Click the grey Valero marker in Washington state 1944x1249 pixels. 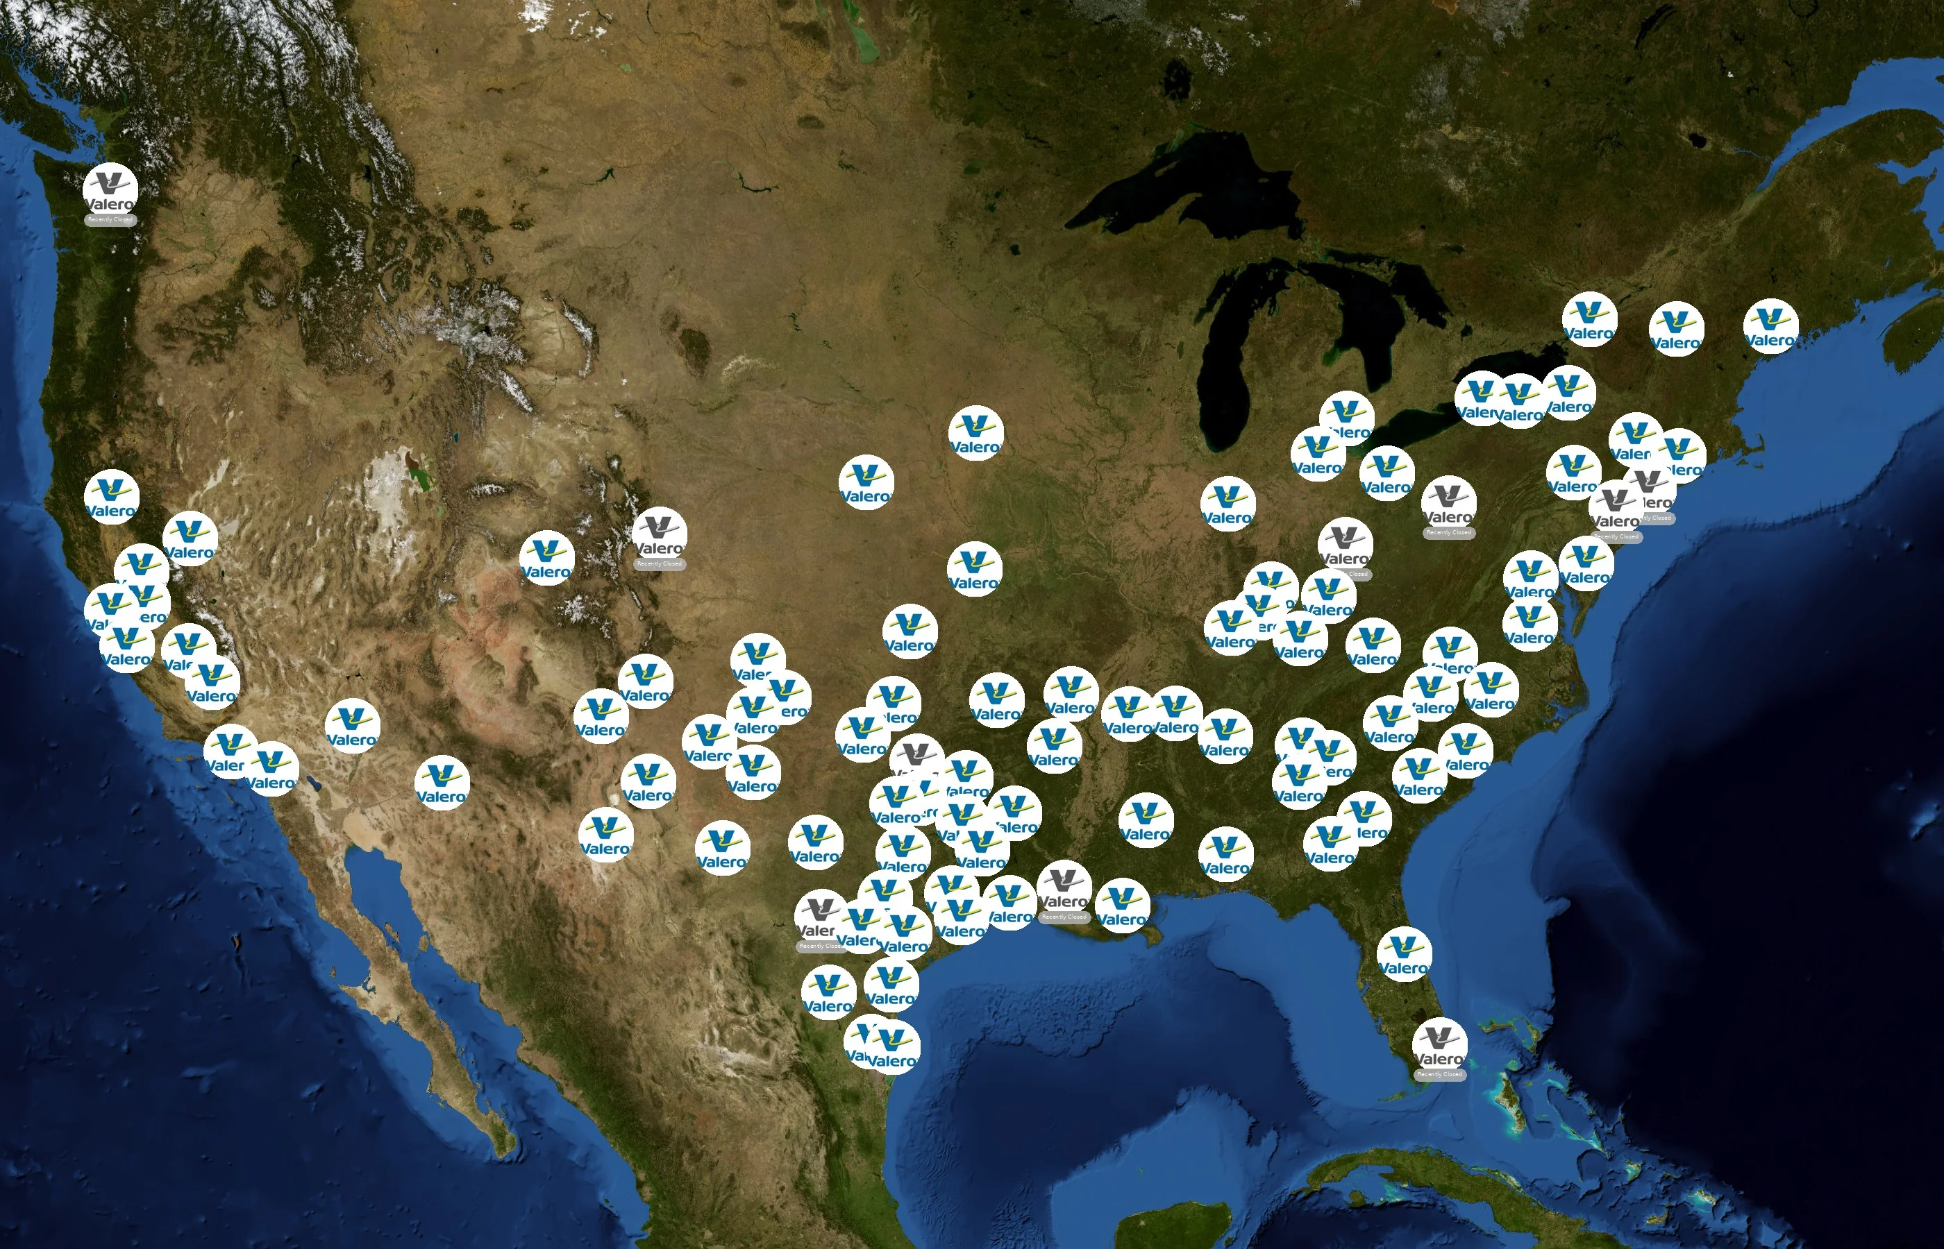[110, 190]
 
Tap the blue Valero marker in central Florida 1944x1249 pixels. [1404, 954]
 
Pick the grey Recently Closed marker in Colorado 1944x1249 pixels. [660, 535]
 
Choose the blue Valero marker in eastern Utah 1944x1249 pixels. [547, 558]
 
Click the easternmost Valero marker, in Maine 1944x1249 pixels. [1770, 326]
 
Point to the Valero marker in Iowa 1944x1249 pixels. [976, 432]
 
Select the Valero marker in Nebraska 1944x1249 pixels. [866, 482]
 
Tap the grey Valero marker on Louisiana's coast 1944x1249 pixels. [1064, 887]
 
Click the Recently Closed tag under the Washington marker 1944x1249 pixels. [110, 220]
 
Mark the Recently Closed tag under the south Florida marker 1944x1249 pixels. [1439, 1075]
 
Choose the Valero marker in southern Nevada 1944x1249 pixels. [352, 725]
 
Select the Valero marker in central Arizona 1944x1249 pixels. [442, 783]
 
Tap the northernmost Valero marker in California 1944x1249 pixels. [112, 496]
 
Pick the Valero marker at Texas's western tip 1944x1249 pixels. [606, 835]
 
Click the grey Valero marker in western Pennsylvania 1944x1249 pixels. [1448, 503]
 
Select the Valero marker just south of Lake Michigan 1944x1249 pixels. [1227, 504]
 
